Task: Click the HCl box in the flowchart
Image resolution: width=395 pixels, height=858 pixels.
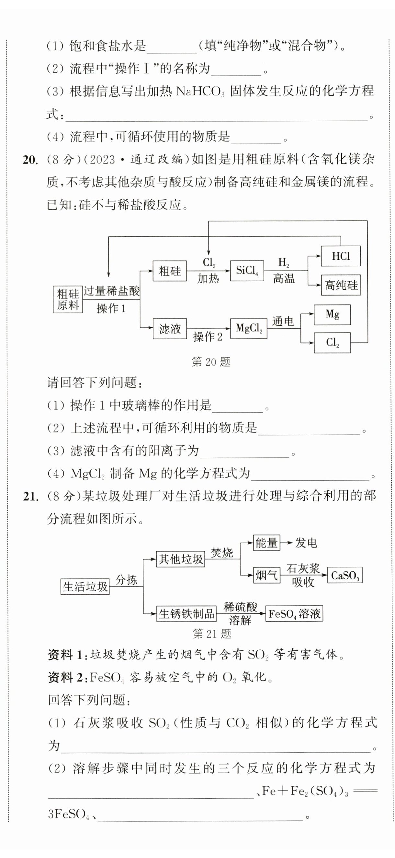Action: click(x=341, y=256)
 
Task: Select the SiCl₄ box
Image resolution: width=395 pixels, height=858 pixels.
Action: click(x=247, y=271)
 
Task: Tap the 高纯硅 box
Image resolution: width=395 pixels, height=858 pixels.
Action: click(x=341, y=285)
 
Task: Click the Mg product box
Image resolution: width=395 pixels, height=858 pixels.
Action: click(x=332, y=314)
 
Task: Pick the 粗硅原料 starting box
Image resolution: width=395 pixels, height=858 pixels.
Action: click(x=68, y=299)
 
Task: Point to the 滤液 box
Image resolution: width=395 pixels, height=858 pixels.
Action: click(x=170, y=329)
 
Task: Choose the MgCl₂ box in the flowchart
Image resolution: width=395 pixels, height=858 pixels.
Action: click(x=249, y=328)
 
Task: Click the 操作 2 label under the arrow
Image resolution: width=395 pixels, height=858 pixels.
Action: click(x=208, y=337)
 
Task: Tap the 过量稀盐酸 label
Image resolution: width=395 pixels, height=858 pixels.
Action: click(x=111, y=291)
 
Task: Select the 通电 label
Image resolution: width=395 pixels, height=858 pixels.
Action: click(x=283, y=321)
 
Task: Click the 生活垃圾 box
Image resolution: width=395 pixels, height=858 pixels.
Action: click(x=85, y=586)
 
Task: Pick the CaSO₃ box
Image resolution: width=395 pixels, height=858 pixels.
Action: click(x=345, y=575)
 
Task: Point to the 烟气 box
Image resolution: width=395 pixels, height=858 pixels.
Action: click(x=267, y=575)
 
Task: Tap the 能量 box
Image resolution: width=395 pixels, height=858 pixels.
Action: click(x=267, y=543)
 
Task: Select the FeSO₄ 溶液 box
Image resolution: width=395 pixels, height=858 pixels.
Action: click(x=294, y=613)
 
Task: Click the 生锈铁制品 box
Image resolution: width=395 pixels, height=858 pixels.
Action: click(x=186, y=613)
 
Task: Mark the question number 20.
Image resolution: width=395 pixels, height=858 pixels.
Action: click(x=29, y=160)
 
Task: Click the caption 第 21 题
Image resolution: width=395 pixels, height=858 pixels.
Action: click(x=212, y=634)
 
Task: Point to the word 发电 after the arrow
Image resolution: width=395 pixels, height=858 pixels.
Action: click(x=306, y=543)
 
